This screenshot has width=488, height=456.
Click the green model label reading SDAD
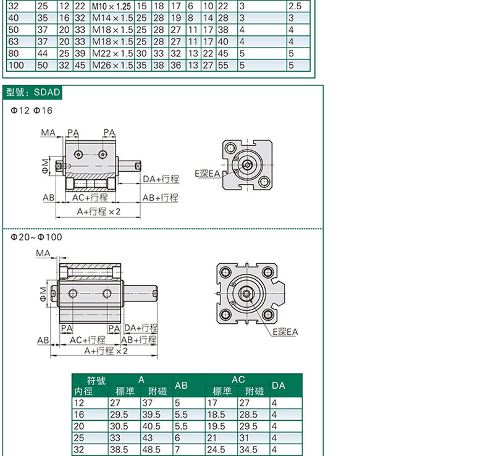click(32, 93)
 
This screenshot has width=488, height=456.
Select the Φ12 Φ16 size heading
click(32, 111)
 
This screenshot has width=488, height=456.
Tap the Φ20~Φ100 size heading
click(36, 237)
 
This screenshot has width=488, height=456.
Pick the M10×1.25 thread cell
click(111, 6)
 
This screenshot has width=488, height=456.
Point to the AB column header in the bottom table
click(181, 386)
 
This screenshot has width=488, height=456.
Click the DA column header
click(278, 386)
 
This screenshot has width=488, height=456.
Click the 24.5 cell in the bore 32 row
click(216, 449)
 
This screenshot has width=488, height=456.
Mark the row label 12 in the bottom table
click(79, 403)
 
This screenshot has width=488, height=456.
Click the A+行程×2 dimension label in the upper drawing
click(99, 212)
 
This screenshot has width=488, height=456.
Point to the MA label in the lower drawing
click(43, 253)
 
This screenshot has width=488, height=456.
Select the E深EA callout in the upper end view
click(208, 174)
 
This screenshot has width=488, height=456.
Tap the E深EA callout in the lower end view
click(285, 332)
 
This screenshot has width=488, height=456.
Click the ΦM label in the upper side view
click(46, 166)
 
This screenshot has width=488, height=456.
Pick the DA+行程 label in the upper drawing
click(161, 179)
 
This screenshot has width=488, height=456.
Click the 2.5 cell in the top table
click(295, 6)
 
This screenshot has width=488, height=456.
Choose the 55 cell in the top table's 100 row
click(223, 65)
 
